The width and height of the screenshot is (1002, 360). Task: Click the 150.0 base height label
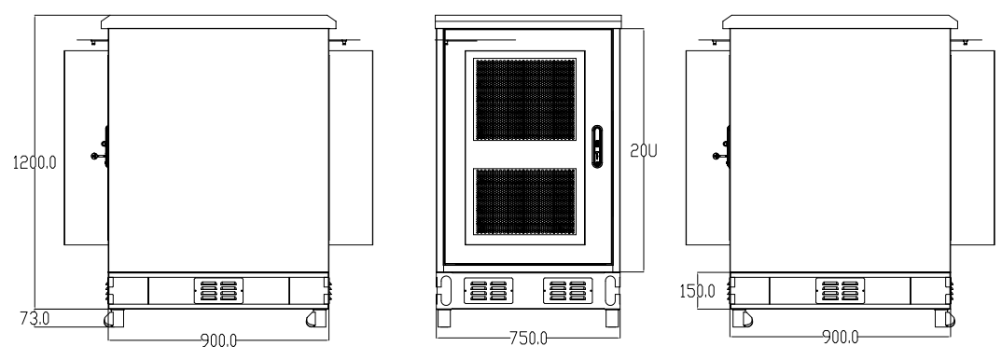point(699,290)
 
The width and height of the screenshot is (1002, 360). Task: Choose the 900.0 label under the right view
point(840,337)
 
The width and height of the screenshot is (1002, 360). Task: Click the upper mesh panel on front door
point(524,100)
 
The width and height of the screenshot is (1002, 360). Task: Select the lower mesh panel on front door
point(524,201)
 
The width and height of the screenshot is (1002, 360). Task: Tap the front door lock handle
point(597,146)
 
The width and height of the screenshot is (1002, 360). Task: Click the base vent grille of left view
point(217,290)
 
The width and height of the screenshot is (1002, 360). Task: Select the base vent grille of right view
point(840,290)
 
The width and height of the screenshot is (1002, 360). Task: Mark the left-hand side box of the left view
point(85,146)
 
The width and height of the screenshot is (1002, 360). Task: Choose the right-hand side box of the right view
point(972,146)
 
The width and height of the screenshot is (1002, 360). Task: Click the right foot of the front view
point(613,318)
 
